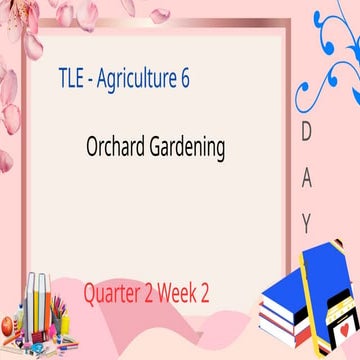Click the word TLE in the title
[72, 80]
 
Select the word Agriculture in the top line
[140, 80]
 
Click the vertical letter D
[305, 133]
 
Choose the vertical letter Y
[306, 221]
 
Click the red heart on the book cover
[343, 328]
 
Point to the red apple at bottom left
[8, 326]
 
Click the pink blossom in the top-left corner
[20, 20]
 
